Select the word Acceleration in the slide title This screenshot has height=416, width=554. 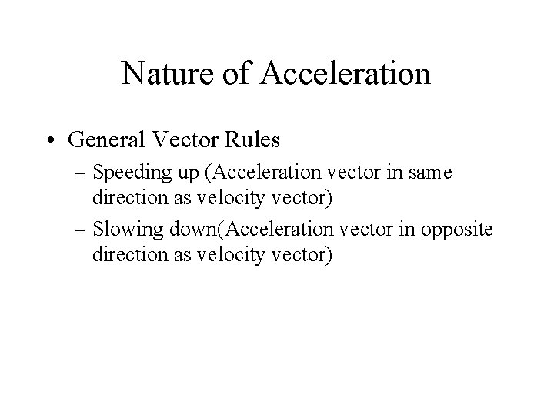(347, 74)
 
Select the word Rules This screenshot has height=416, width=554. (261, 141)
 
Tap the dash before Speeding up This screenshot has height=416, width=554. (82, 176)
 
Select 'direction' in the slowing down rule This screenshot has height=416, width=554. (126, 254)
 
